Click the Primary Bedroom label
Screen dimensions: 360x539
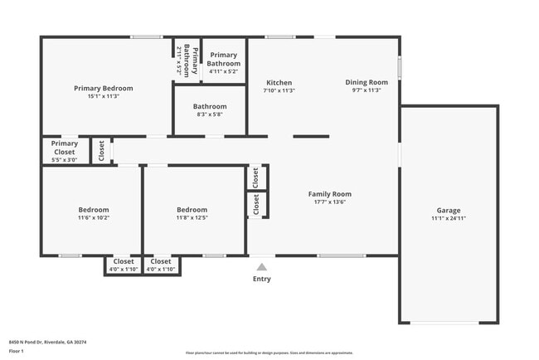click(103, 88)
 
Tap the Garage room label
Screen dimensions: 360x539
click(449, 211)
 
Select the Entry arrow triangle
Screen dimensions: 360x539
click(261, 266)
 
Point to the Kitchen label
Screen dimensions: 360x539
click(279, 82)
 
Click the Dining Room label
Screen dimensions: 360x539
click(367, 82)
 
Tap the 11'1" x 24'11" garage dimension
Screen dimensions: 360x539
click(449, 220)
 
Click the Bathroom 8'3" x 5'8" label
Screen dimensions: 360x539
click(210, 106)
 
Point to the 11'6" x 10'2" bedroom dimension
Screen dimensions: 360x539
click(94, 218)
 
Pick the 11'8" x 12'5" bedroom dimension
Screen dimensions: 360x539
click(192, 218)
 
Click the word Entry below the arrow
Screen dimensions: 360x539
click(261, 279)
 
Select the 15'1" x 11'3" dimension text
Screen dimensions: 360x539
click(103, 96)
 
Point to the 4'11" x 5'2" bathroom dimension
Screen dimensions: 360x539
click(223, 72)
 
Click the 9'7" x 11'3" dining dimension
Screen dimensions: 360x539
click(367, 90)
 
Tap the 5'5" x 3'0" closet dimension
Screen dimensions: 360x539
click(64, 159)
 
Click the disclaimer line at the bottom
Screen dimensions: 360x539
click(269, 353)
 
